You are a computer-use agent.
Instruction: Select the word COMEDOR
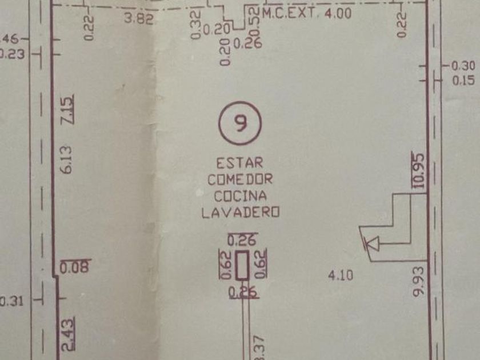coord(240,179)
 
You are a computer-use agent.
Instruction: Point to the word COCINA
coord(240,195)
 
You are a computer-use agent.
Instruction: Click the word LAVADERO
coord(240,212)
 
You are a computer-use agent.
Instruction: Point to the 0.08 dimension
coord(75,267)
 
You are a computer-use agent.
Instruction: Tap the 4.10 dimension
coord(341,275)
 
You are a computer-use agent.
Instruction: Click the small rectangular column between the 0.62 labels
coord(243,266)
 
